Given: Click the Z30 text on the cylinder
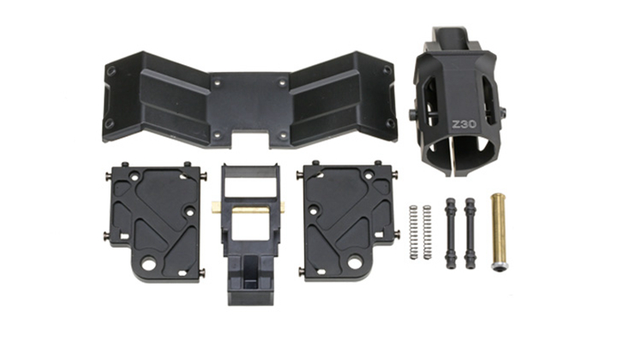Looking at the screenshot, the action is point(464,124).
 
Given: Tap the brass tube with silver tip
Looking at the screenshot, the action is point(498,231).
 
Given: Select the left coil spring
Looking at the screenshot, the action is point(413,232).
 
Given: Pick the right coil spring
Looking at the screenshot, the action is point(427,232).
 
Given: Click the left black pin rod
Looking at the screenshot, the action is point(451,233).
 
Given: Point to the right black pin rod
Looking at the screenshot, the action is point(470,233).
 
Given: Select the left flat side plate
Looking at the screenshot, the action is point(155,222).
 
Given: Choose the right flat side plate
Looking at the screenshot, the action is point(348,221).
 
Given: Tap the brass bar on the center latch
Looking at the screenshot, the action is point(248,207).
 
